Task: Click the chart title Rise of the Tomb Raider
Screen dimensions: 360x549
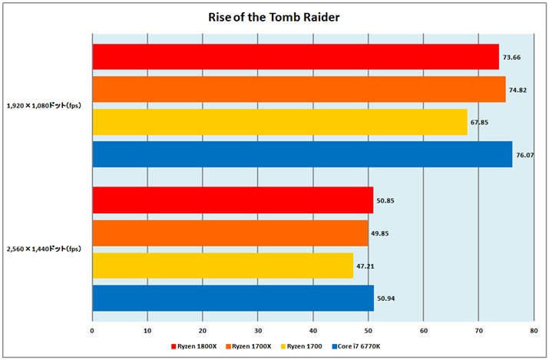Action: click(x=274, y=16)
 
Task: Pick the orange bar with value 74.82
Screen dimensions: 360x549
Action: click(x=299, y=89)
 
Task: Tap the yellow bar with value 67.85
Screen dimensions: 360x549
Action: click(x=279, y=122)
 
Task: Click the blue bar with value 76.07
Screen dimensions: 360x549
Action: click(x=302, y=154)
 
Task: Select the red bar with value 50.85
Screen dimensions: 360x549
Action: click(x=233, y=200)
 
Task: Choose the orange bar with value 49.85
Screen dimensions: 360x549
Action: click(x=230, y=233)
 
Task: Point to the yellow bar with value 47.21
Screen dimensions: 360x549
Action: click(x=223, y=266)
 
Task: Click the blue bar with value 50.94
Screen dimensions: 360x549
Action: click(x=233, y=298)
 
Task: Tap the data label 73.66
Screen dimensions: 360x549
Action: click(x=512, y=58)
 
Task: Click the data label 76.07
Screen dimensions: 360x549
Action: click(x=525, y=155)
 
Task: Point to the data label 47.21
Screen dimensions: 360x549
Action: click(x=366, y=266)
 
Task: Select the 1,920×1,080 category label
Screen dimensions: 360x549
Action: click(x=45, y=106)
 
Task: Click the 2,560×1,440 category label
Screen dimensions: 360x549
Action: click(x=45, y=249)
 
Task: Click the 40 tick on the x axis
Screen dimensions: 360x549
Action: click(x=313, y=331)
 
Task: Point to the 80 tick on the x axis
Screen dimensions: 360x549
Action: click(x=533, y=331)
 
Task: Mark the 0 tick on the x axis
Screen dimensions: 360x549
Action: click(x=92, y=331)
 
